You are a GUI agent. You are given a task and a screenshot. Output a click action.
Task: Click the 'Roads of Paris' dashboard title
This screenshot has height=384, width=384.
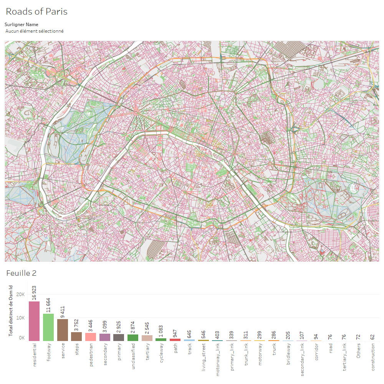tap(36, 12)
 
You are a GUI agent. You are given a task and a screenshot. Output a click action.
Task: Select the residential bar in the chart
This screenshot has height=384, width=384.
tap(34, 321)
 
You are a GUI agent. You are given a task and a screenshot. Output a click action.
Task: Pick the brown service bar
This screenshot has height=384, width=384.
tap(63, 330)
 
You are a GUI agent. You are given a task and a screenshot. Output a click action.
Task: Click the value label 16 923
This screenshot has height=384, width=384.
tap(34, 293)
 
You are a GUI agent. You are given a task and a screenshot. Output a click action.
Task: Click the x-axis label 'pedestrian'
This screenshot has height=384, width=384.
tap(91, 355)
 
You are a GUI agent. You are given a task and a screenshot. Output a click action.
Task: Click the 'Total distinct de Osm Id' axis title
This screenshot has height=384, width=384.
tap(11, 311)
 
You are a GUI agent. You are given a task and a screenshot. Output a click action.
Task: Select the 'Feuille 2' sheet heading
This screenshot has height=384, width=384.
tap(21, 273)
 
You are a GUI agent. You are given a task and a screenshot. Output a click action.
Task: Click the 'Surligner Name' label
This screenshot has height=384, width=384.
tap(22, 25)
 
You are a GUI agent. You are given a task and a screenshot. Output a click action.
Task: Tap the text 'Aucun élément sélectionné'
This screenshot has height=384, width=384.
tap(35, 31)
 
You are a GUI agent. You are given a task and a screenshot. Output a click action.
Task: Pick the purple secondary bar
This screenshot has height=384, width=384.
tap(105, 337)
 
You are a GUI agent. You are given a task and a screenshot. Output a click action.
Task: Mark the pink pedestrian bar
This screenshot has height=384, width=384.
tap(91, 337)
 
